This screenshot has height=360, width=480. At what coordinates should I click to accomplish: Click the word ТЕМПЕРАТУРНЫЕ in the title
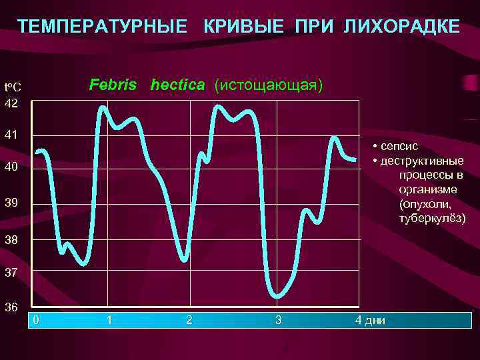coord(102,27)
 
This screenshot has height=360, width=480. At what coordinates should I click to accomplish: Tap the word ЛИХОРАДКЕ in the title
coord(401,27)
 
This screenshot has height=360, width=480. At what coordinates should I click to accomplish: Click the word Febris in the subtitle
coord(113,85)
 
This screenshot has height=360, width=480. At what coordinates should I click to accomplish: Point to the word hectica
coord(178,85)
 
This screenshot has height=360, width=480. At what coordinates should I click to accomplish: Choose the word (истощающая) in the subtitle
coord(268,85)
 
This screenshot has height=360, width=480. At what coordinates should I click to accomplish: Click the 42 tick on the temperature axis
coord(11,103)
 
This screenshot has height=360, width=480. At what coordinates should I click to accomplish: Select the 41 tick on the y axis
coord(11,135)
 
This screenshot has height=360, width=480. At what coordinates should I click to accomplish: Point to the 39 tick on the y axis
coord(11,203)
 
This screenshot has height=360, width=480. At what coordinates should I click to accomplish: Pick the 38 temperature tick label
coord(11,239)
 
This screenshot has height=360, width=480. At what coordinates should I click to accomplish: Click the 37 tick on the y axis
coord(11,273)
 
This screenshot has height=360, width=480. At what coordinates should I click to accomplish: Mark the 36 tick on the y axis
coord(11,307)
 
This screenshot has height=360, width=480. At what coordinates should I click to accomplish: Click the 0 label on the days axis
coord(37,320)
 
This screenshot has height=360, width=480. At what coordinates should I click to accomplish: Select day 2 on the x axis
coord(189,320)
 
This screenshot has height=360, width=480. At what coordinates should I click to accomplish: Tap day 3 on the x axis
coord(279,320)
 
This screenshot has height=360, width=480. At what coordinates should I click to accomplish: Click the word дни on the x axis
coord(375,321)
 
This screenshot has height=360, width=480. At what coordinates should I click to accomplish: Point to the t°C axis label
coord(13,87)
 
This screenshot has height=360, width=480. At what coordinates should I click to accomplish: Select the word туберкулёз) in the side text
coord(432,219)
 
